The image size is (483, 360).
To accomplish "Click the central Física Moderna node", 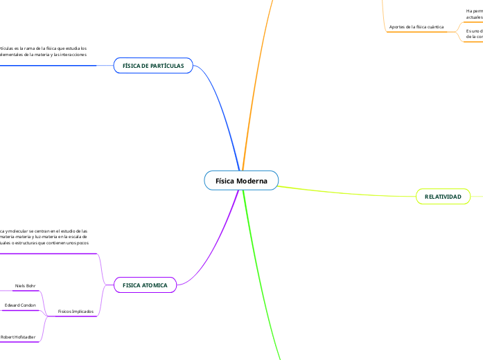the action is pyautogui.click(x=241, y=181).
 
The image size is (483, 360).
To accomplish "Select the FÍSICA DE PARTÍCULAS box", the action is pyautogui.click(x=153, y=66).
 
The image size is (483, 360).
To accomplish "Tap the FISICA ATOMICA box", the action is pyautogui.click(x=145, y=285).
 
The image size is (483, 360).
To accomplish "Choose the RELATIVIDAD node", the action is pyautogui.click(x=443, y=197).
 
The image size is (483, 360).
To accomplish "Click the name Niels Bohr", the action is pyautogui.click(x=25, y=285).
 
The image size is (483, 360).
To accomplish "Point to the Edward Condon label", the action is pyautogui.click(x=20, y=305).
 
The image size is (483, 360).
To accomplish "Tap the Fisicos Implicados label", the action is pyautogui.click(x=76, y=312).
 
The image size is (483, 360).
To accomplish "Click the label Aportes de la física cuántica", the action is pyautogui.click(x=416, y=27).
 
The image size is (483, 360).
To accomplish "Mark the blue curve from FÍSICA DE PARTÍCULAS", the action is pyautogui.click(x=226, y=111).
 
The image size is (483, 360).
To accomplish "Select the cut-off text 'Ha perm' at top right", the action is pyautogui.click(x=474, y=11).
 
